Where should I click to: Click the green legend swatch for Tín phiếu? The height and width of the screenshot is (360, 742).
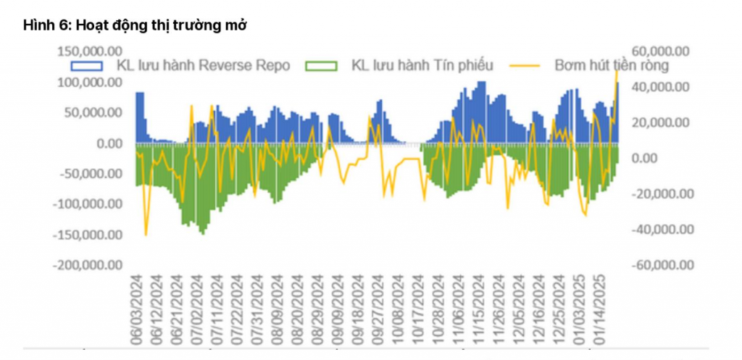[x=322, y=65]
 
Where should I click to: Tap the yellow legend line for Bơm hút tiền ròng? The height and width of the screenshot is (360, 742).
[x=528, y=65]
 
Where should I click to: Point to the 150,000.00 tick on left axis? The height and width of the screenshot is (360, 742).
[x=88, y=51]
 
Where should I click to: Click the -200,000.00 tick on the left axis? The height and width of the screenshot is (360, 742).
[x=86, y=265]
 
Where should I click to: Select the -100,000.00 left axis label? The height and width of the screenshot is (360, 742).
[x=86, y=204]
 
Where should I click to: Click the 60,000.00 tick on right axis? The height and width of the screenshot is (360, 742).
[x=662, y=51]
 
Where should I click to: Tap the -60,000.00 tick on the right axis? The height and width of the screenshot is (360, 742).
[x=660, y=265]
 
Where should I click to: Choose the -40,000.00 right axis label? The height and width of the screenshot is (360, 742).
[x=660, y=230]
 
